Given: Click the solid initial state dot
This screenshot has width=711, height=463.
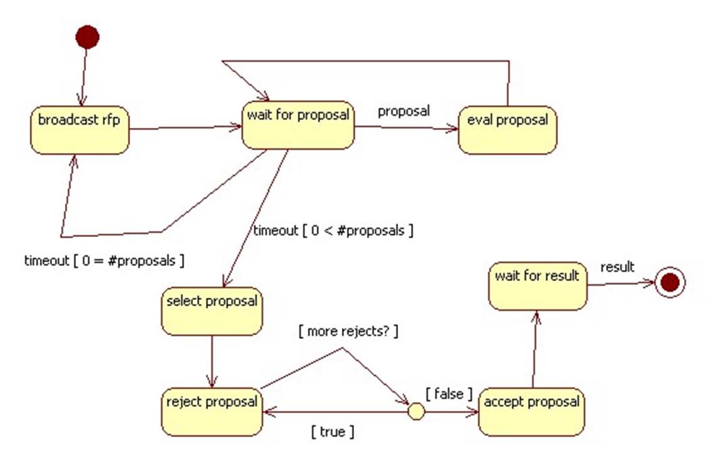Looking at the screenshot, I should pos(87,37).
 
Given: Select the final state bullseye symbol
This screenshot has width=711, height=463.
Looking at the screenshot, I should pos(670,282).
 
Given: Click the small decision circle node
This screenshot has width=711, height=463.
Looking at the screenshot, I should pos(416,411).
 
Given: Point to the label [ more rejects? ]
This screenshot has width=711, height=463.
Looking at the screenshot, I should pos(348,332).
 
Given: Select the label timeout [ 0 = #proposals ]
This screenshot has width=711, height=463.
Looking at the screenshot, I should pos(105,259).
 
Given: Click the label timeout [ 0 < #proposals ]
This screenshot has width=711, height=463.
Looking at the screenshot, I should pos(333,231).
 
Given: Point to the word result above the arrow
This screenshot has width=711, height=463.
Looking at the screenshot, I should pos(618,267).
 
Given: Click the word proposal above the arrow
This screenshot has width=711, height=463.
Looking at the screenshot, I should pos(404,111).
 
